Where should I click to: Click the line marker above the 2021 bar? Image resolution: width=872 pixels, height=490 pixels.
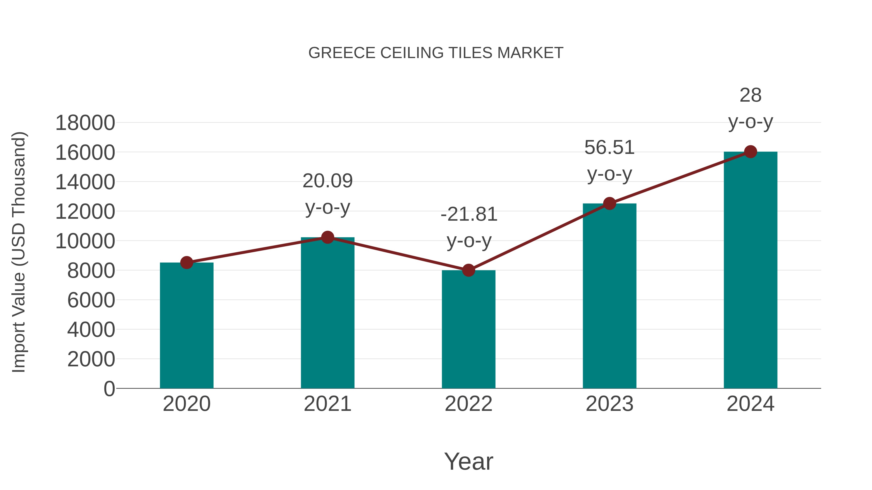point(327,237)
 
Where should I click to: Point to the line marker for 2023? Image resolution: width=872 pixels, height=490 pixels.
point(609,204)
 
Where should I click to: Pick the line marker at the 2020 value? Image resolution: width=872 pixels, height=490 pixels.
point(187,262)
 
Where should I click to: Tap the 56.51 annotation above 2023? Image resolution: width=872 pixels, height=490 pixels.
point(609,148)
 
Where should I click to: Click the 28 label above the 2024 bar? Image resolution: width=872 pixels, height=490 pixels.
point(750,95)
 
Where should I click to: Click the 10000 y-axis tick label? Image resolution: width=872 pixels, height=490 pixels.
point(85,241)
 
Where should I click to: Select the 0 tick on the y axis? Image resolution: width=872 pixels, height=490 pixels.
point(109,389)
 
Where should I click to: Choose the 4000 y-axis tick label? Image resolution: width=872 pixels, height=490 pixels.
point(91,330)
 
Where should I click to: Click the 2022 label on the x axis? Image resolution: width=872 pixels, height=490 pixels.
point(468,404)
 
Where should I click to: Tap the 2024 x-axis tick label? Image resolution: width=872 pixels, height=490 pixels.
point(750,404)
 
